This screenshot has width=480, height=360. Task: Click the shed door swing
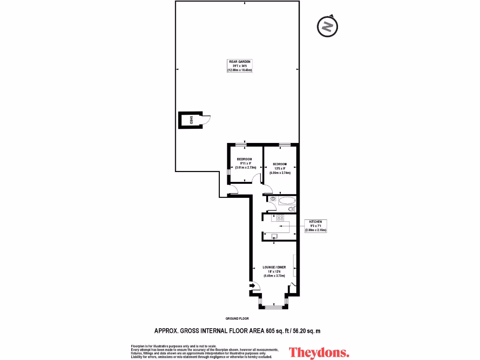(x=206, y=120)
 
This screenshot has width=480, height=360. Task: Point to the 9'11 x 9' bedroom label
(x=244, y=163)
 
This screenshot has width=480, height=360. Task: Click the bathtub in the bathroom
(x=286, y=202)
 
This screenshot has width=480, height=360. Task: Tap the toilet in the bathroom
(x=273, y=199)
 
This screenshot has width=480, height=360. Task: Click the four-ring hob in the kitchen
(x=280, y=217)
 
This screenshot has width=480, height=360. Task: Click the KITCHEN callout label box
(x=315, y=226)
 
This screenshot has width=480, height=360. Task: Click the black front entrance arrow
(x=252, y=285)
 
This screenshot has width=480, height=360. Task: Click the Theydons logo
(x=319, y=352)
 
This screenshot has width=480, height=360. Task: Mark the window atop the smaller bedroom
(x=241, y=144)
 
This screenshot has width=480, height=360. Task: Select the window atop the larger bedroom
(x=284, y=144)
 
